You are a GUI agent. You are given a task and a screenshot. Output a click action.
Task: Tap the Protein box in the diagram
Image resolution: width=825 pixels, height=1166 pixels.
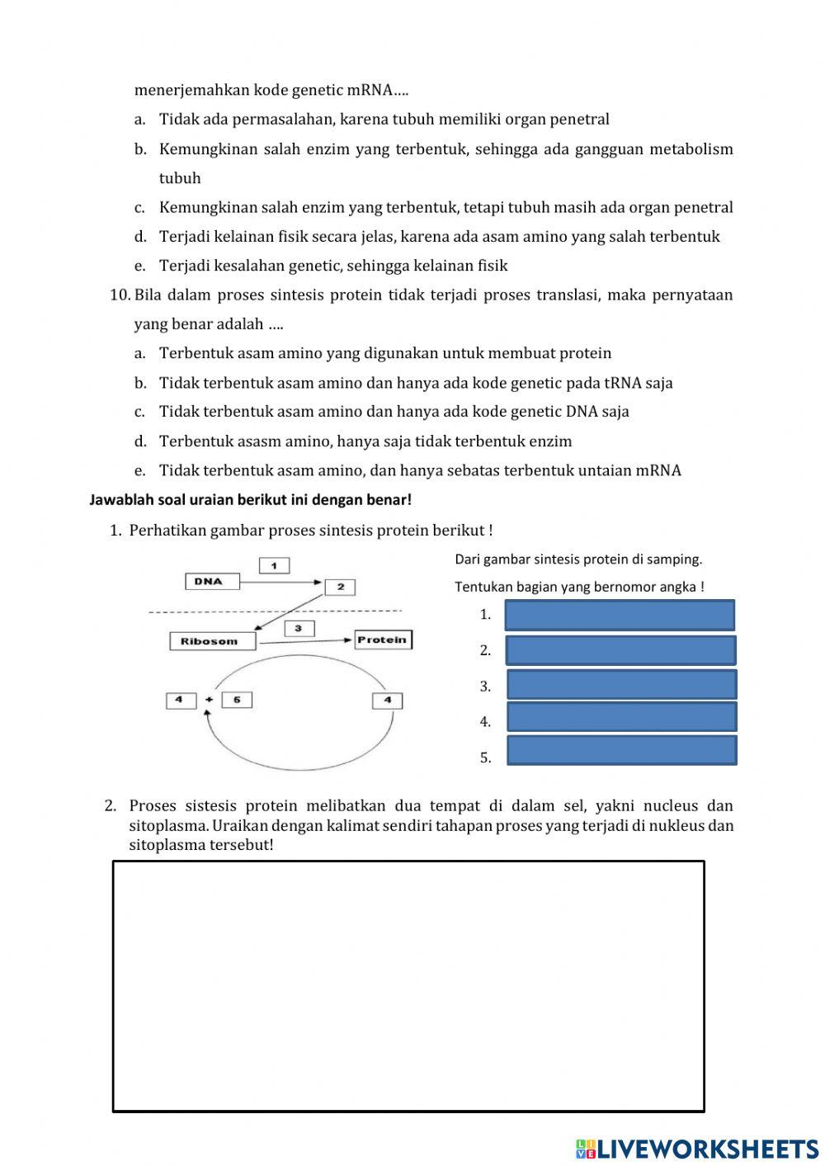383,640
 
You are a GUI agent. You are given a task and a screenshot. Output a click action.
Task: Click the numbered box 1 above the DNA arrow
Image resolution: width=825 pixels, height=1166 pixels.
274,565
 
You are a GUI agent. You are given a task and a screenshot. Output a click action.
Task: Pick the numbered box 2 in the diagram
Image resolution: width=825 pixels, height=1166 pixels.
340,587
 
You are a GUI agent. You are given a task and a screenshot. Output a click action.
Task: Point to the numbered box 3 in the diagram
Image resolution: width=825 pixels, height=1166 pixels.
299,629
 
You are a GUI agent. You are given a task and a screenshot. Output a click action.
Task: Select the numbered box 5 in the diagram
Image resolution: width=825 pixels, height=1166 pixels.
237,700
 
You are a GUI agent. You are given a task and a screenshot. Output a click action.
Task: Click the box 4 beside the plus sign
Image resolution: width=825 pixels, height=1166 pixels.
180,700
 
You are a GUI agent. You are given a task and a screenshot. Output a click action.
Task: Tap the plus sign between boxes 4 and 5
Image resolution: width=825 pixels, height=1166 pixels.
209,700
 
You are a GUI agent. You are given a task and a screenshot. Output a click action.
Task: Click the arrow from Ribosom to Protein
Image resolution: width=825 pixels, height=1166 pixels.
305,641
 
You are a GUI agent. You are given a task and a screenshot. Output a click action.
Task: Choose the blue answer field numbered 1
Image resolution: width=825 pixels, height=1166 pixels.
620,616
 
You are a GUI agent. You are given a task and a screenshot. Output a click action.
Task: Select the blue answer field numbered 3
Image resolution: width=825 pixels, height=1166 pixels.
621,685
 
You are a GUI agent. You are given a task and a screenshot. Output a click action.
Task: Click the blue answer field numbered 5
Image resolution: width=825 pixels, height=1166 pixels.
621,750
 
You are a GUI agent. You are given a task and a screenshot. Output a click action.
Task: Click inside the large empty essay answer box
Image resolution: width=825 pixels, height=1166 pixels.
408,986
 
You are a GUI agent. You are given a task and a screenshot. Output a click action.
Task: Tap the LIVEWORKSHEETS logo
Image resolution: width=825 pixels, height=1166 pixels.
697,1148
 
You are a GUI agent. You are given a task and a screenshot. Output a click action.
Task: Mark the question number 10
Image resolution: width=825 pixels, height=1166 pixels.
120,295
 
